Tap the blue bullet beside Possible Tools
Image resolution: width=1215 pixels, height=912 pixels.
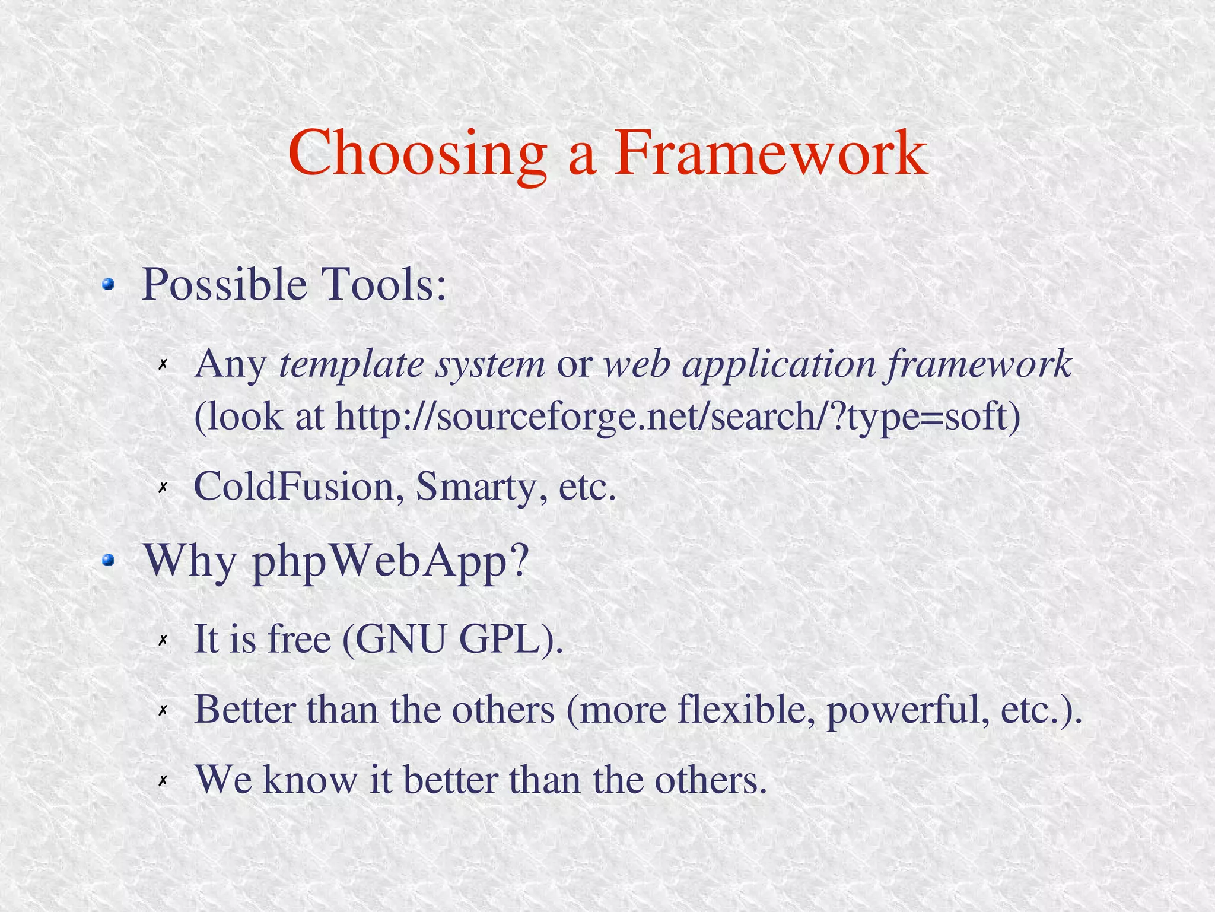coord(107,285)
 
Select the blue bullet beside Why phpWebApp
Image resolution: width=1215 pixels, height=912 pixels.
coord(107,560)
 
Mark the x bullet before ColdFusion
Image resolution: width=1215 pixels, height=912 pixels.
coord(163,488)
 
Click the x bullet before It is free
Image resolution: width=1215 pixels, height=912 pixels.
coord(163,640)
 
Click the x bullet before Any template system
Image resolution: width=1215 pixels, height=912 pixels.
coord(163,364)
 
